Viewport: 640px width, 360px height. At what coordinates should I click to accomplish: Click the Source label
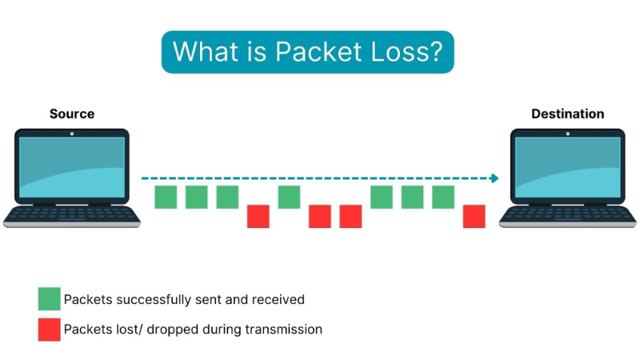pyautogui.click(x=72, y=114)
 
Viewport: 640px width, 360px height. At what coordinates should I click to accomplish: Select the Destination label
pyautogui.click(x=568, y=114)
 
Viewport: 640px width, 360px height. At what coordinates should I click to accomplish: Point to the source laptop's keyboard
pyautogui.click(x=72, y=214)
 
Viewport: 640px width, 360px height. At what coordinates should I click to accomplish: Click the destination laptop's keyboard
pyautogui.click(x=567, y=214)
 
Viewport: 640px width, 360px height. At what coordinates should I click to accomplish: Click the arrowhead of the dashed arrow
pyautogui.click(x=494, y=178)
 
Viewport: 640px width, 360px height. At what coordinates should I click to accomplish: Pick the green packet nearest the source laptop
pyautogui.click(x=166, y=197)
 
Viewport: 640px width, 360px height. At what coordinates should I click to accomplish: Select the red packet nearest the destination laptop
pyautogui.click(x=474, y=216)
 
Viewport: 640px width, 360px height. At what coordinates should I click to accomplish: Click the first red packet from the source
pyautogui.click(x=258, y=216)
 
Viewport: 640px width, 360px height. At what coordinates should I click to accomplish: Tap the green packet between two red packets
pyautogui.click(x=289, y=197)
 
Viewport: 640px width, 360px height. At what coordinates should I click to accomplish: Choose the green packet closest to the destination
pyautogui.click(x=443, y=197)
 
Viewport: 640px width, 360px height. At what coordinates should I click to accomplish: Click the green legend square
pyautogui.click(x=49, y=299)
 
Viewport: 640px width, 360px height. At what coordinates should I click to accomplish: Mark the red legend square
pyautogui.click(x=49, y=329)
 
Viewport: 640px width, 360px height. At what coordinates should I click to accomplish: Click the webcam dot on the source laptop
pyautogui.click(x=72, y=134)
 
